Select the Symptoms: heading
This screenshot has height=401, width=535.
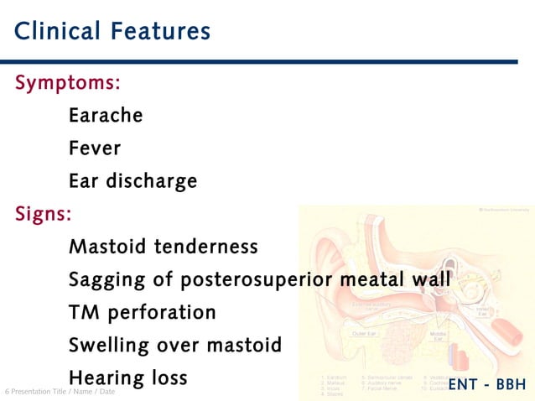click(x=68, y=83)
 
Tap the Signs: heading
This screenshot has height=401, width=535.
click(x=44, y=214)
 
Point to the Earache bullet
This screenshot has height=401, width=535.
click(x=106, y=116)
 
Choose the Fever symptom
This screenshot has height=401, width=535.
click(x=95, y=148)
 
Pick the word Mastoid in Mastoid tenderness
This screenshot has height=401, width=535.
click(x=105, y=247)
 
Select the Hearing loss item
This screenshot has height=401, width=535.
click(x=127, y=378)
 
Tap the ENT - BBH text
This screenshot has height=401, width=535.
click(x=487, y=385)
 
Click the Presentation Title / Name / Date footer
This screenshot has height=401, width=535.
click(x=60, y=392)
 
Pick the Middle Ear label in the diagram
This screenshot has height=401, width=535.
click(x=437, y=336)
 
